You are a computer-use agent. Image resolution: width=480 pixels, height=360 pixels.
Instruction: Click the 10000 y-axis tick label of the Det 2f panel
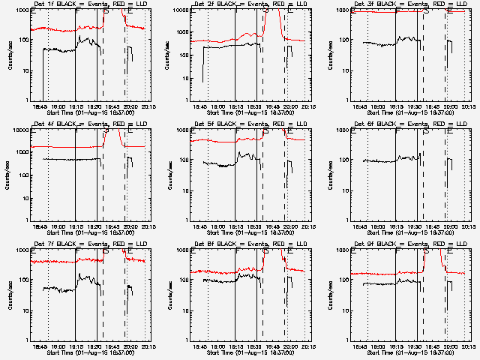tap(178, 10)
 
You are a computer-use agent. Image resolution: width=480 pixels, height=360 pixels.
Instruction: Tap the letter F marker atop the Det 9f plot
tap(396, 251)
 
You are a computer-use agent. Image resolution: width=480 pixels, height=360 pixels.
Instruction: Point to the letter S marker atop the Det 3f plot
tap(426, 11)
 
